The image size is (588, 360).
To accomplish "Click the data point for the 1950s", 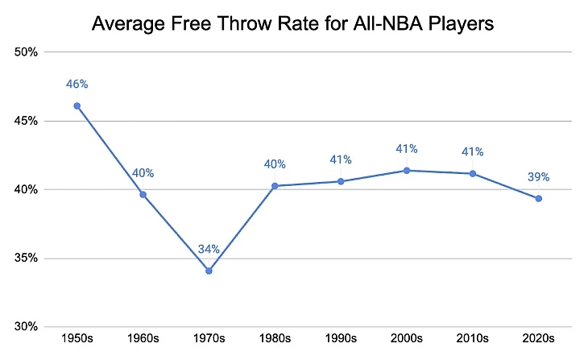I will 77,106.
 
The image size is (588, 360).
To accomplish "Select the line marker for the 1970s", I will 209,271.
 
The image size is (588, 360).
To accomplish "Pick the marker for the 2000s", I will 407,170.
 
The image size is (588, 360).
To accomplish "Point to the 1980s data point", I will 275,186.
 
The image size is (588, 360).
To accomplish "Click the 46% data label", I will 77,83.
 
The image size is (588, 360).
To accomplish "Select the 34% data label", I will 209,248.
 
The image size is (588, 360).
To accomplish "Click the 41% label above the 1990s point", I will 341,159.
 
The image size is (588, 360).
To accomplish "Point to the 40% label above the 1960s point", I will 143,172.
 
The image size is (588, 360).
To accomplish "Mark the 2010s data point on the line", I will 473,173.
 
